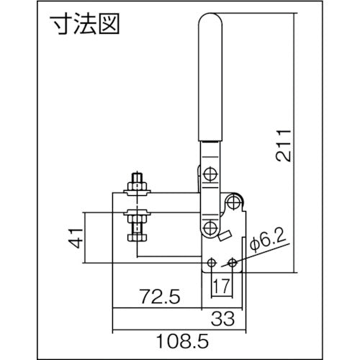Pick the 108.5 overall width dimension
click(180, 336)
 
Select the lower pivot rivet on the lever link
click(209, 228)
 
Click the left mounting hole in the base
click(212, 262)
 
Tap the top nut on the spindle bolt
click(137, 187)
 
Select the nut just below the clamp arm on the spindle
click(137, 215)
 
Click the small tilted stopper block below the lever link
click(225, 235)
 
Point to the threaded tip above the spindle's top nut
click(137, 177)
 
